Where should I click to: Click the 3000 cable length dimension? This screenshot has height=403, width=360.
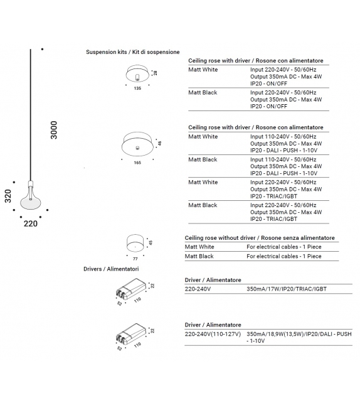tap(53, 130)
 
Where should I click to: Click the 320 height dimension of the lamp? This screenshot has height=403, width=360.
tap(8, 196)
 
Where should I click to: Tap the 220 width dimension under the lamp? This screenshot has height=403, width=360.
tap(30, 223)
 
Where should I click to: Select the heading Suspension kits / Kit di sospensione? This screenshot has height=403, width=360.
tap(132, 52)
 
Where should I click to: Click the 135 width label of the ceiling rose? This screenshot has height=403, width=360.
tap(137, 89)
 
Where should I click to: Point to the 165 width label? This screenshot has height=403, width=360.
tap(137, 163)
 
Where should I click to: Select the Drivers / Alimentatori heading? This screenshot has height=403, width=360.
tap(111, 269)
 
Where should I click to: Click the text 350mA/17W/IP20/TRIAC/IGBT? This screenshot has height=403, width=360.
tap(287, 289)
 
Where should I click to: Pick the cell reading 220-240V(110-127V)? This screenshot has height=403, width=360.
tap(213, 334)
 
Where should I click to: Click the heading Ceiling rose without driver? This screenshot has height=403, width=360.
tap(260, 238)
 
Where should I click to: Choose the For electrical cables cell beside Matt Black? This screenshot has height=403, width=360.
tap(283, 256)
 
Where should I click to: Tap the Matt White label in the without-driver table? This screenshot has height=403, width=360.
tap(199, 247)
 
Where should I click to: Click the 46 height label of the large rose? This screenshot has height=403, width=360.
tap(160, 143)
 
